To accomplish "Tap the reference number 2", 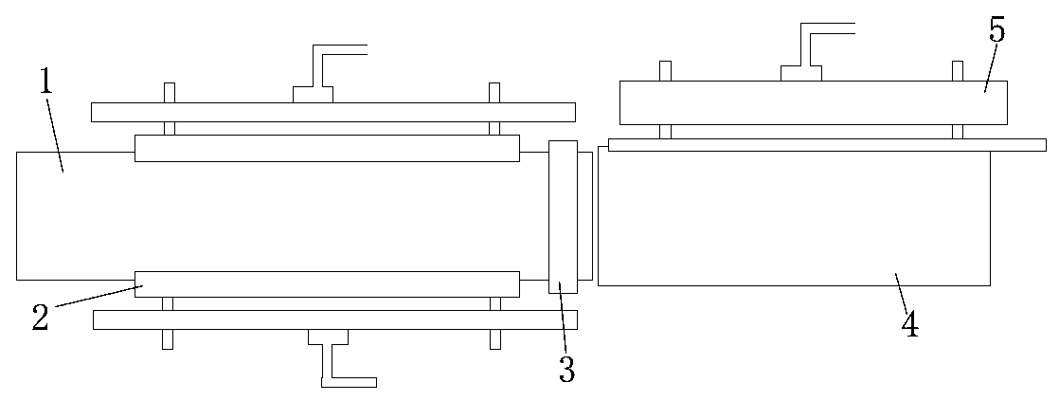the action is tap(40, 317).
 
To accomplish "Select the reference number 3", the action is tap(566, 368).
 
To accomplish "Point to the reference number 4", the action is tap(909, 324).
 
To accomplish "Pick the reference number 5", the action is tap(996, 30).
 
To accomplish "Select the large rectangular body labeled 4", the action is tap(794, 218).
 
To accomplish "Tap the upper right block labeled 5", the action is tap(813, 102).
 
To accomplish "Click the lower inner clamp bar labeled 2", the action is tap(327, 283).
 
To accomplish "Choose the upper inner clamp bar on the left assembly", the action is tap(327, 148).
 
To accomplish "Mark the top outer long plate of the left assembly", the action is tap(332, 112).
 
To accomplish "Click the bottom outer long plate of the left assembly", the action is tap(334, 320).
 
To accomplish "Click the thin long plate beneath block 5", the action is tap(826, 145).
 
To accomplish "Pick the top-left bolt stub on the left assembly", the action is tap(170, 92).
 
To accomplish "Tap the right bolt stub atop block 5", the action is tap(958, 71).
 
